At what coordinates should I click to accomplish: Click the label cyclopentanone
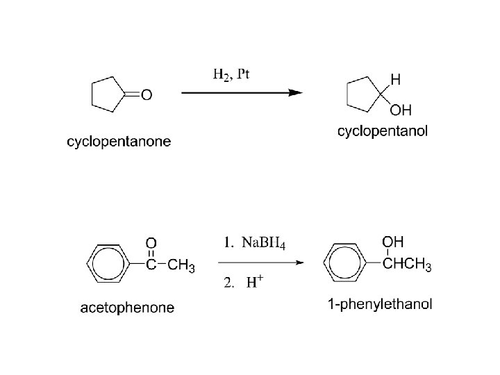(x=119, y=142)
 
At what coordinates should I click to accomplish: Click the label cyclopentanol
(x=382, y=131)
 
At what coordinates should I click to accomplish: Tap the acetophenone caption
(x=127, y=307)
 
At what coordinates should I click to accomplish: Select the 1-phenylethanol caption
(x=379, y=304)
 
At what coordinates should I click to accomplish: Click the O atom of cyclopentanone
(x=146, y=96)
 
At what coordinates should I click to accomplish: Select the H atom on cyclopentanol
(x=395, y=80)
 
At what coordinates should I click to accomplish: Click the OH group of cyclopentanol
(x=401, y=110)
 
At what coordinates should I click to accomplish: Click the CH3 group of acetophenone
(x=182, y=266)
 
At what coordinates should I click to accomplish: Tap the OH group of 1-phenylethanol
(x=393, y=242)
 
